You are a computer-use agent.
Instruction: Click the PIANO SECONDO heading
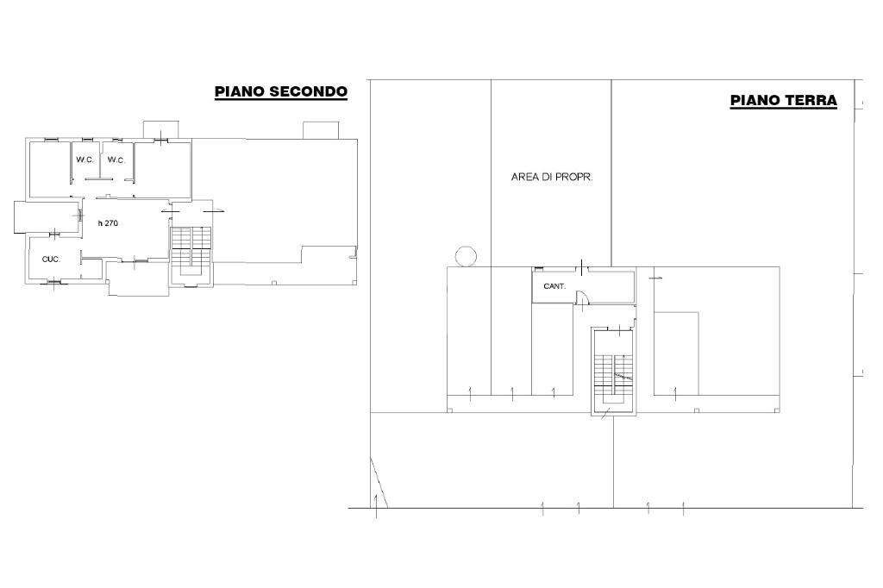tap(281, 91)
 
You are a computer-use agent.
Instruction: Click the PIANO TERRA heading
tap(783, 100)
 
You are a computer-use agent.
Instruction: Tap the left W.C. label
tap(85, 160)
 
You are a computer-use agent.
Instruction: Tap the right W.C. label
tap(116, 160)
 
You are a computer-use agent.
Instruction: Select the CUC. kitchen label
tap(51, 260)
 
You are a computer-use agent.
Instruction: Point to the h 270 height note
tap(108, 223)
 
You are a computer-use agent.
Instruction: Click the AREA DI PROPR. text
tap(552, 177)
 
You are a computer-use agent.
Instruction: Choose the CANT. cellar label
tap(554, 286)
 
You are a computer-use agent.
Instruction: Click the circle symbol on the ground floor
tap(466, 257)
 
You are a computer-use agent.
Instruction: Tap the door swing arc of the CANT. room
tap(586, 297)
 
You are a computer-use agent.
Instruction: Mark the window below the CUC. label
tap(54, 281)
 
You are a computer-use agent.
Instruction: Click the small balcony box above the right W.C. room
tap(161, 129)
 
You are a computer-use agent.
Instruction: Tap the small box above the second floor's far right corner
tap(321, 130)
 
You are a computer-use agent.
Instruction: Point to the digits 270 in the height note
tap(111, 223)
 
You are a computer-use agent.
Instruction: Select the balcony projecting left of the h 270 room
tap(47, 217)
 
